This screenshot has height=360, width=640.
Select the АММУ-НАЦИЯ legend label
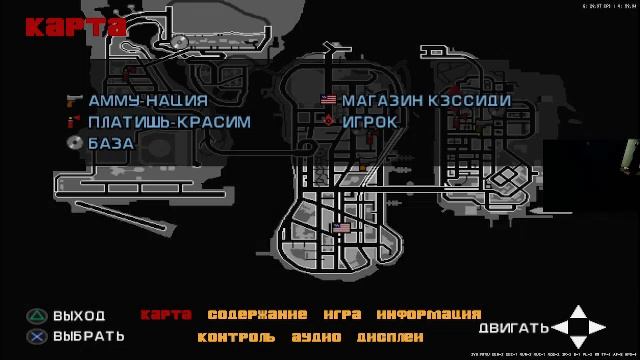click(x=147, y=100)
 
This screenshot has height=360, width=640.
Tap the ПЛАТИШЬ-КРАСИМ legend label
click(x=168, y=121)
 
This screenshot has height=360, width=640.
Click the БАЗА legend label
click(x=110, y=143)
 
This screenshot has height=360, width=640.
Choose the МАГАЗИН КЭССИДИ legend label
click(x=426, y=100)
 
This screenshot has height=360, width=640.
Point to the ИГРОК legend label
click(x=369, y=121)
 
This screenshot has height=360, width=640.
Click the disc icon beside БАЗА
click(x=73, y=143)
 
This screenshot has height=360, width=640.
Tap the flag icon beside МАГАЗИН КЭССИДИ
click(x=328, y=100)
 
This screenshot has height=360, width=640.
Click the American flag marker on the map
click(x=341, y=229)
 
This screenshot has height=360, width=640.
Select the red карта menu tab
click(x=165, y=315)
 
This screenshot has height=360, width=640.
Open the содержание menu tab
click(x=257, y=315)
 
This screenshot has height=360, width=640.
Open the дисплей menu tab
click(x=389, y=337)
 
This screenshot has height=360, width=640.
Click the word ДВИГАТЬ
click(x=514, y=328)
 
